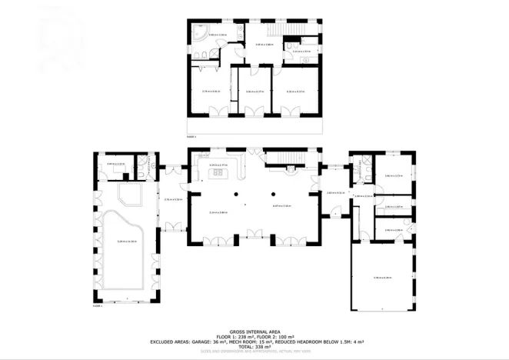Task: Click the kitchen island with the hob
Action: point(220,173)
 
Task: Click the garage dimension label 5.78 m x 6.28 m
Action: point(382,278)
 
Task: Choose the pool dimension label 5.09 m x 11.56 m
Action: point(127,242)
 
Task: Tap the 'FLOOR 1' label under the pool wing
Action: point(97,305)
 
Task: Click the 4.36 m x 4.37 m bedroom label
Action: point(294,92)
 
